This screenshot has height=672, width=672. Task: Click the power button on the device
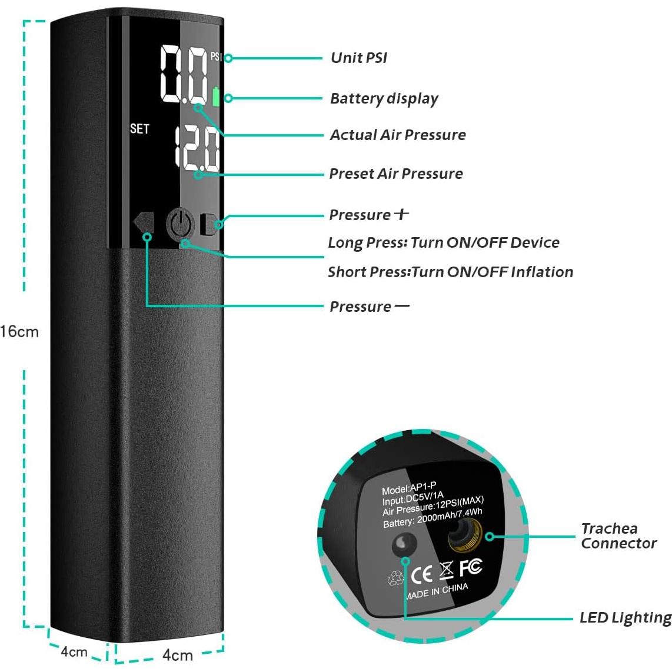coord(180,224)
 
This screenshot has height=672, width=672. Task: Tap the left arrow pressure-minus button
coord(144,223)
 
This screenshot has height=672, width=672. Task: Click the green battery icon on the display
coord(216,97)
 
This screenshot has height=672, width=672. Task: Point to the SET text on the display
coord(139,129)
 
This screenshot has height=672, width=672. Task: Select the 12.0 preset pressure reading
coord(197,147)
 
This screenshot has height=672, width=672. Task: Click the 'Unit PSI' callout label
coord(358,58)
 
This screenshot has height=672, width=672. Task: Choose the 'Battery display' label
coord(384,98)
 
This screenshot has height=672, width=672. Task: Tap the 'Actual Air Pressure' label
coord(397,135)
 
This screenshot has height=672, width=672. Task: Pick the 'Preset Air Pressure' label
coord(395,174)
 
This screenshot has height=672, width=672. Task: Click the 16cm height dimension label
coord(19,331)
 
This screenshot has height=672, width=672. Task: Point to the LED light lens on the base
coord(405,544)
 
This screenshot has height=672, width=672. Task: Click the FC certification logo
coord(471,567)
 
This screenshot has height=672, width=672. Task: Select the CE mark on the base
coord(421,574)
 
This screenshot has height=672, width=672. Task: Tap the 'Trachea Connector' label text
coord(618,536)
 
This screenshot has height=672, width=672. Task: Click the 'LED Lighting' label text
coord(625,618)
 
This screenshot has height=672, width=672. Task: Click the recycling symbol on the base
coord(395,579)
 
